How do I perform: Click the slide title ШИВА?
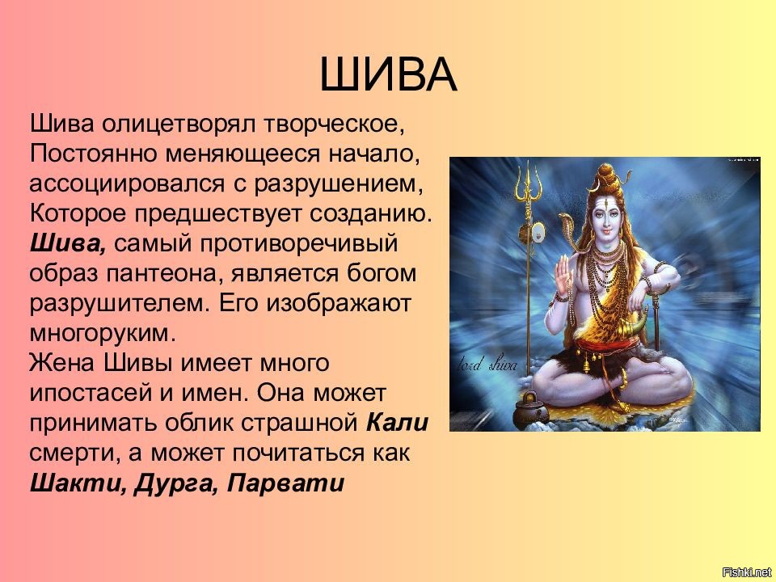tap(388, 74)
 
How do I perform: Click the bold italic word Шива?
tap(68, 243)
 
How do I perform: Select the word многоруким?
tap(103, 334)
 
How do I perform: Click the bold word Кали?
tap(398, 423)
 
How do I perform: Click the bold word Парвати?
tap(285, 483)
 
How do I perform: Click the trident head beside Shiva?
tap(529, 183)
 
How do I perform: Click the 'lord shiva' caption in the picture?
tap(487, 365)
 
